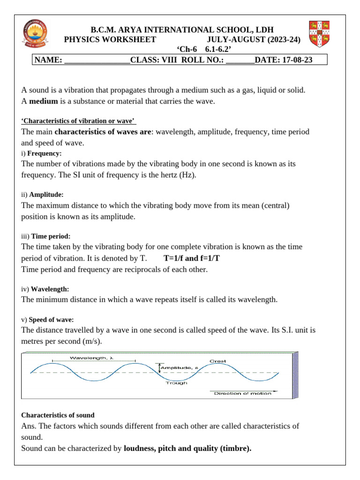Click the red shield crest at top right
point(319,34)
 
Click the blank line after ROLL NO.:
point(240,60)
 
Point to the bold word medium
point(44,101)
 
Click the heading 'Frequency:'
point(45,153)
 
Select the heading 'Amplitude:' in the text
point(46,194)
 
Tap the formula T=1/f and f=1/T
point(192,258)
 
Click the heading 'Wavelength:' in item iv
point(50,289)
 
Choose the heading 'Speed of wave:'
point(51,320)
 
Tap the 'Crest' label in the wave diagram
point(217,361)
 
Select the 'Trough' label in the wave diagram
point(176,383)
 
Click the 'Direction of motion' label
point(242,393)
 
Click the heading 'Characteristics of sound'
point(58,415)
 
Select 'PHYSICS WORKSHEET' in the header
point(110,40)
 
